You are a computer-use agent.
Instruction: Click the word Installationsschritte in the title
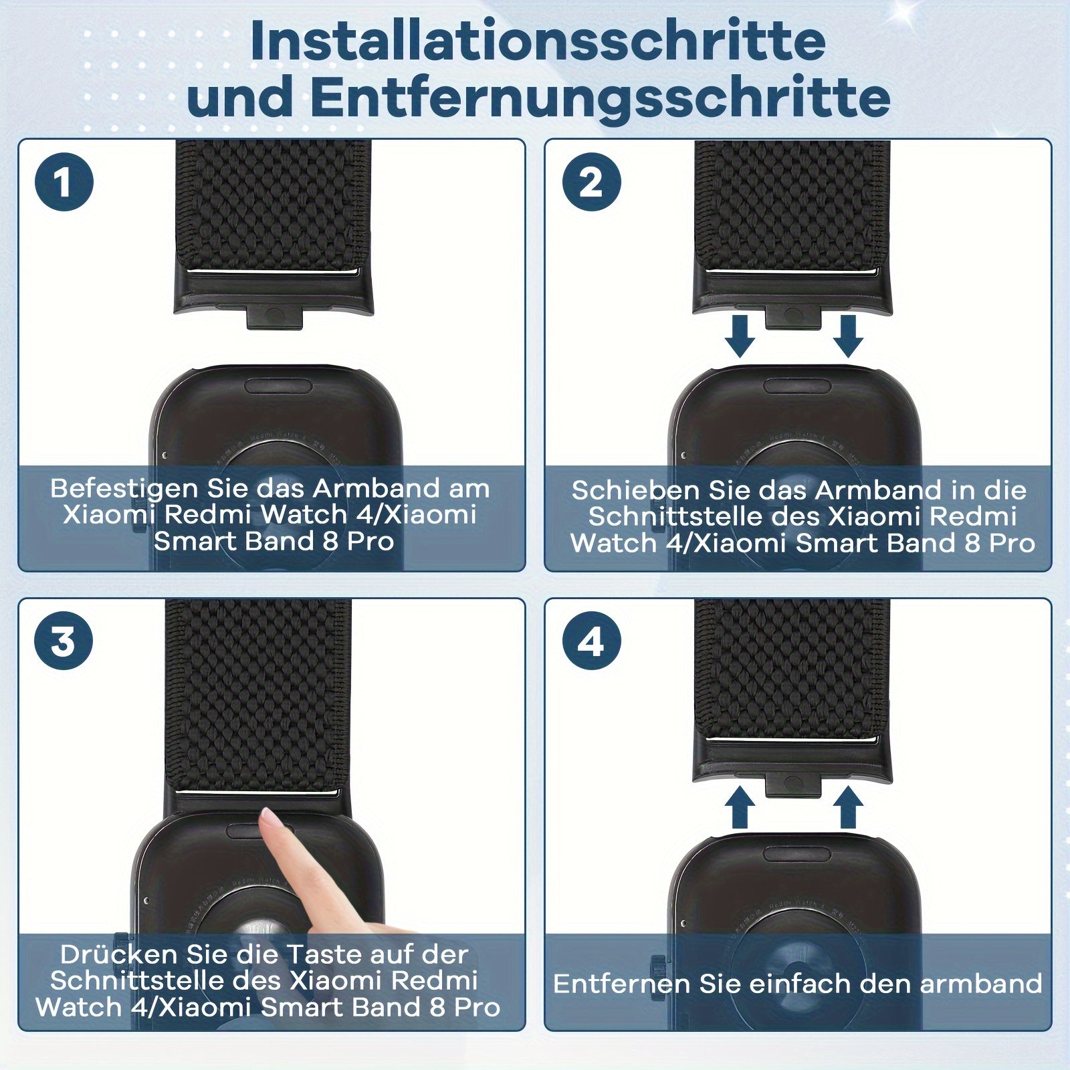(x=538, y=41)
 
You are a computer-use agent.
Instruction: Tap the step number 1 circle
(x=64, y=182)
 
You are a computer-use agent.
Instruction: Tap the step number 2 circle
(x=591, y=182)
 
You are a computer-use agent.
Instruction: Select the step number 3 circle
(x=64, y=641)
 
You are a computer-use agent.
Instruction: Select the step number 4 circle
(x=591, y=641)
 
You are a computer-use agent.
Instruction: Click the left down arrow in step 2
(x=738, y=336)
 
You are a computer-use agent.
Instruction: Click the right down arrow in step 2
(x=847, y=336)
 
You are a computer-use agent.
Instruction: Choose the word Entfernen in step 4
(x=622, y=984)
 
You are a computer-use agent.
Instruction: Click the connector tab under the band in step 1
(x=274, y=318)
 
